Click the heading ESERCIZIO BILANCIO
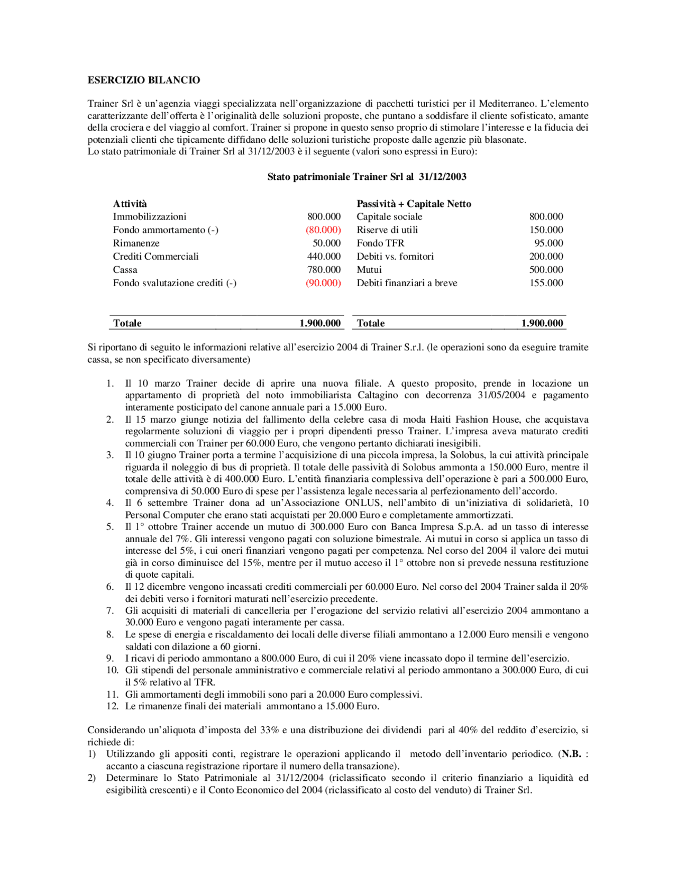pyautogui.click(x=144, y=80)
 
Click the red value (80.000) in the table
pyautogui.click(x=323, y=230)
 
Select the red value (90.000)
pyautogui.click(x=323, y=283)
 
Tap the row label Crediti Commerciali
pyautogui.click(x=155, y=257)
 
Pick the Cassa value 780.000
pyautogui.click(x=324, y=270)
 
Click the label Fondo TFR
pyautogui.click(x=380, y=243)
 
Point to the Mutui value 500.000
pyautogui.click(x=546, y=270)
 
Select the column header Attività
pyautogui.click(x=130, y=204)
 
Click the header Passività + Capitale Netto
pyautogui.click(x=414, y=204)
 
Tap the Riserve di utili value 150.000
pyautogui.click(x=546, y=230)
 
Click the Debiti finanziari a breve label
pyautogui.click(x=407, y=283)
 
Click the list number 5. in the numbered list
pyautogui.click(x=110, y=527)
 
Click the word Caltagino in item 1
pyautogui.click(x=378, y=395)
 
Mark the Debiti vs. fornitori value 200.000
pyautogui.click(x=546, y=257)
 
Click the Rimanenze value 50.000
pyautogui.click(x=326, y=243)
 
